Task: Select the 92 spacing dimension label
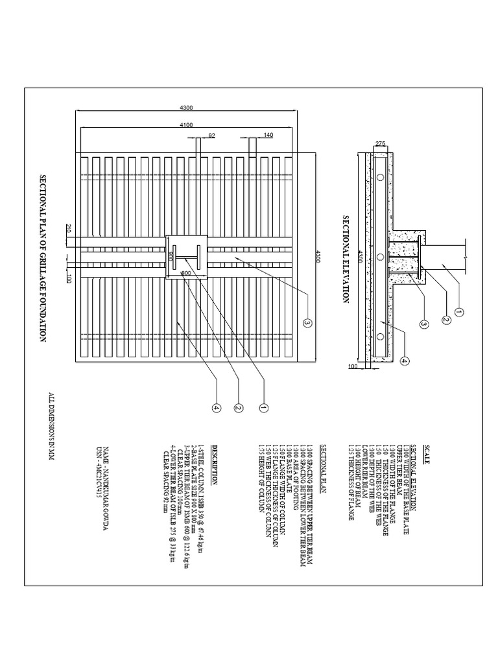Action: pyautogui.click(x=211, y=135)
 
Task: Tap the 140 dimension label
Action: pyautogui.click(x=268, y=135)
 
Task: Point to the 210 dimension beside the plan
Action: pyautogui.click(x=67, y=228)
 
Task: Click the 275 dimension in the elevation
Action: pyautogui.click(x=380, y=143)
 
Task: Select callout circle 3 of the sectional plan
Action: pyautogui.click(x=307, y=322)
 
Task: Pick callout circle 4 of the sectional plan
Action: pyautogui.click(x=217, y=408)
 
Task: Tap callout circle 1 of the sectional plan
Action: pyautogui.click(x=264, y=408)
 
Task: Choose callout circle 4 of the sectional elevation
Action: pyautogui.click(x=403, y=361)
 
